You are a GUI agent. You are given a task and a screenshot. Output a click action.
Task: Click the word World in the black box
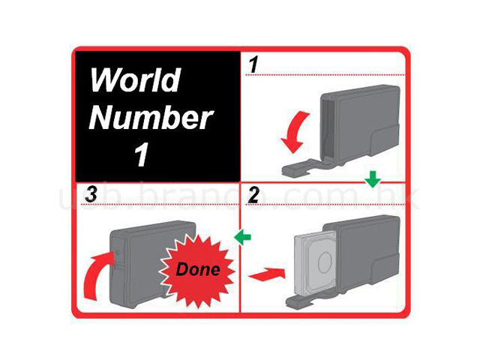point(136,79)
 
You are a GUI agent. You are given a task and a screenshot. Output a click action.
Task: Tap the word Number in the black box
point(151,118)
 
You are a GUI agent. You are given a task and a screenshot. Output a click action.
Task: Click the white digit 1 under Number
point(142,154)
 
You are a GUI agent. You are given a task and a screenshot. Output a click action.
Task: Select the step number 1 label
point(253,65)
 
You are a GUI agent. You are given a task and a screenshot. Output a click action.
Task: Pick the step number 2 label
point(253,194)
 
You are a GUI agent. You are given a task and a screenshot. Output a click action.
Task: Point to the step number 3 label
point(91,194)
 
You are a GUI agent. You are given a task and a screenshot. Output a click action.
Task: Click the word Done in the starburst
point(198,269)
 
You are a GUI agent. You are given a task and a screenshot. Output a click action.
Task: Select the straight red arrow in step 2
point(267,274)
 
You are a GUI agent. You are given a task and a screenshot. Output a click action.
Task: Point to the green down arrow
point(373,179)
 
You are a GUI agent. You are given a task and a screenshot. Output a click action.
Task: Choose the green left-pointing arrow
point(242,237)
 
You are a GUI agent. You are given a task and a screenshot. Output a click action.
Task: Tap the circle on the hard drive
point(325,262)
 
